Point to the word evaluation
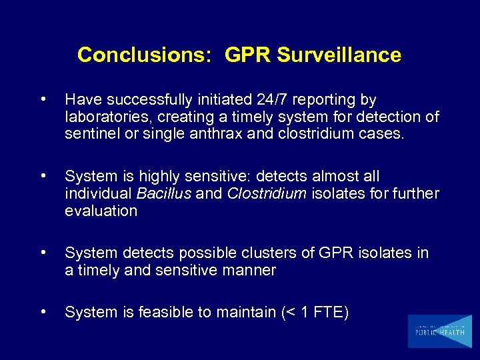(x=101, y=211)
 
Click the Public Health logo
(x=439, y=331)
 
